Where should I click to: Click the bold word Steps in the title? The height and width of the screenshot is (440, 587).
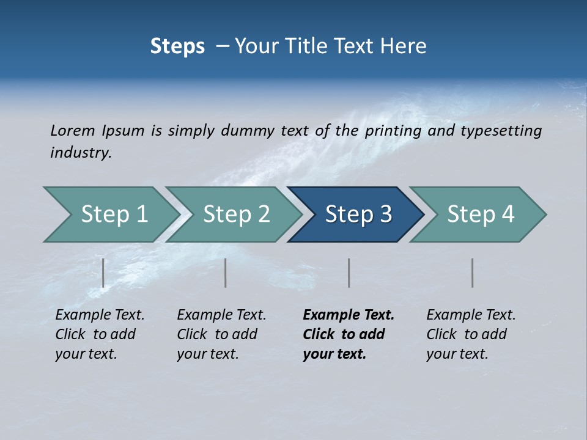pos(177,46)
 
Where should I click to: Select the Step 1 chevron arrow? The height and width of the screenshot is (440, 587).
pos(110,215)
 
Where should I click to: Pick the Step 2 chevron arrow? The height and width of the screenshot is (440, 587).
pos(235,215)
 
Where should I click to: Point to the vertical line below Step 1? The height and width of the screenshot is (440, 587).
pos(103,273)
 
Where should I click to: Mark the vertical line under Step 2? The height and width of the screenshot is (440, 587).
pos(226,273)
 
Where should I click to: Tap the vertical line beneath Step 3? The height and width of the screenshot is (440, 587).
pos(349,273)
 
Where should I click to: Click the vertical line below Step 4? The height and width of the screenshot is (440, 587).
pos(472,273)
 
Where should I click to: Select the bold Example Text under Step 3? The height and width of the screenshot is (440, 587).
pos(347,334)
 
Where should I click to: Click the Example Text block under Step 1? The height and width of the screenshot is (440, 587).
pos(99,334)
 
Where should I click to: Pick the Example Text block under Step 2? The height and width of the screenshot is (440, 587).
pos(221,334)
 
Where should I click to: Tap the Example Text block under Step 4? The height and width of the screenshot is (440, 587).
pos(470,334)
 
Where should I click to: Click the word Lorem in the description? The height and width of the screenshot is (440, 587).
pos(73,130)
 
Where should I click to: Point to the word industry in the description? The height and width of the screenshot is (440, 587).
pos(80,153)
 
